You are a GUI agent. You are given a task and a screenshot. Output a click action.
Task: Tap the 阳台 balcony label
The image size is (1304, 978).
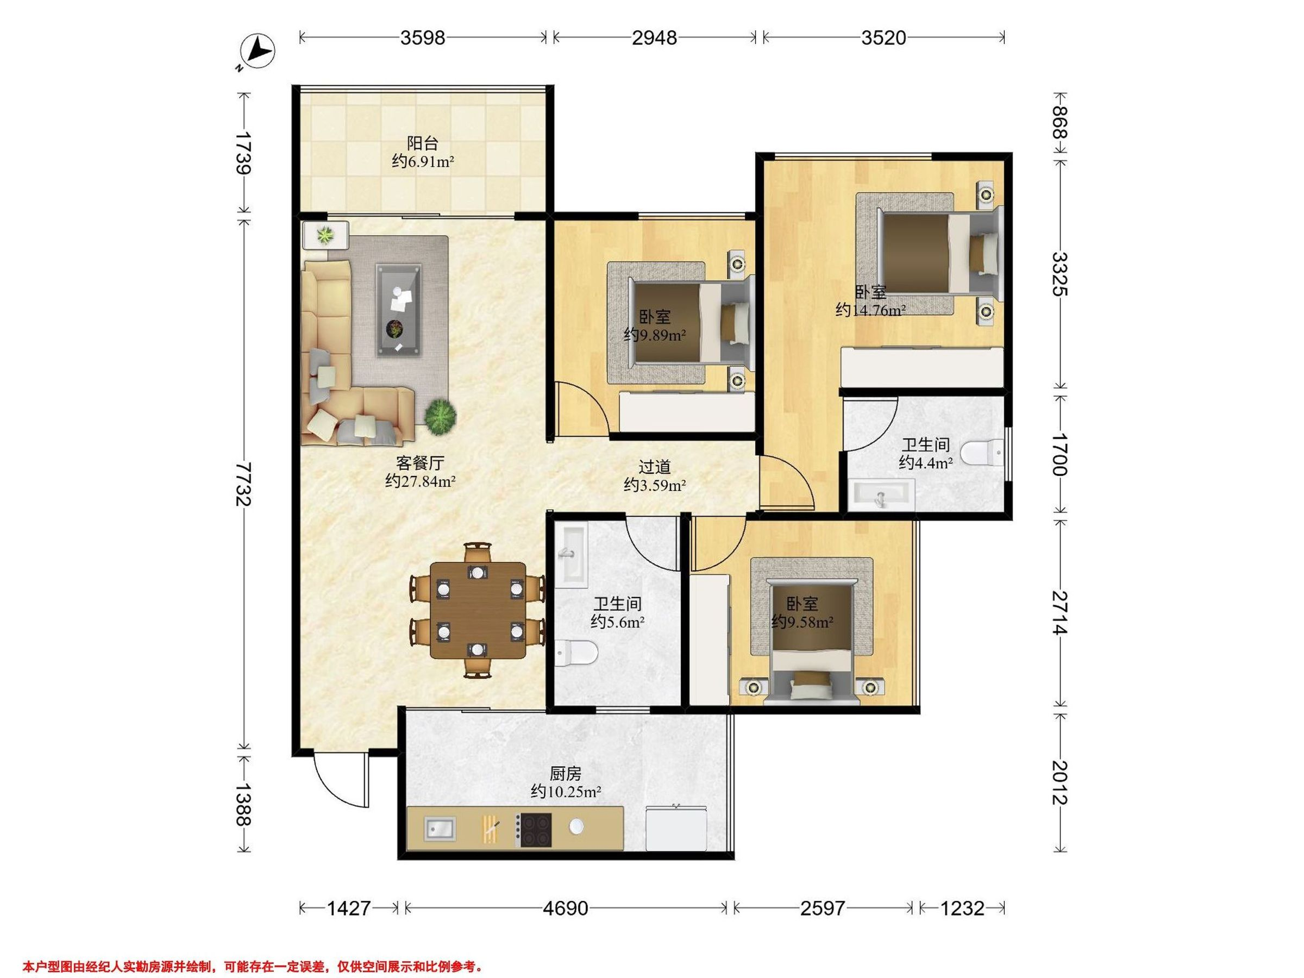(x=422, y=143)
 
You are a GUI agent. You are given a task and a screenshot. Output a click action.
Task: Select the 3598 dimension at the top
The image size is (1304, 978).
(x=423, y=37)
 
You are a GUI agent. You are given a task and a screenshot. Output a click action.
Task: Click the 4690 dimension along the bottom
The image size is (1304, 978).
(x=566, y=908)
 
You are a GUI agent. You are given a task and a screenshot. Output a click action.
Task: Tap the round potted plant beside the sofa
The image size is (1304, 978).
(x=440, y=417)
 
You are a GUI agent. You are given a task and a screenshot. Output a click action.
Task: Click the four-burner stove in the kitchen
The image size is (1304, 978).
(x=534, y=830)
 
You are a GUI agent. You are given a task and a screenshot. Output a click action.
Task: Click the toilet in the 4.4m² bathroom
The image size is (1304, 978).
(x=982, y=454)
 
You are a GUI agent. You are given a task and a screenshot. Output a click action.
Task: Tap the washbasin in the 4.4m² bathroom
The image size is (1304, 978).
(x=881, y=494)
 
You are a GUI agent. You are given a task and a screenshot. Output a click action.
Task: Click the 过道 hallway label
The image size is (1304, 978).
(x=654, y=467)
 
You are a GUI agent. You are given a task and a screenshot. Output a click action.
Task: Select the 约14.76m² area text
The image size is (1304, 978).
(x=870, y=310)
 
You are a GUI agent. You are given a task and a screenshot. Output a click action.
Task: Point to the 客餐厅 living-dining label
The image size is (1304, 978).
(x=420, y=463)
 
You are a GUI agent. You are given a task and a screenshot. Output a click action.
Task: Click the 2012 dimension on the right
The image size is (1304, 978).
(x=1060, y=782)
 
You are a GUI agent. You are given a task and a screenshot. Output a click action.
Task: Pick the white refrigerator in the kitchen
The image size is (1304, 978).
(x=675, y=828)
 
